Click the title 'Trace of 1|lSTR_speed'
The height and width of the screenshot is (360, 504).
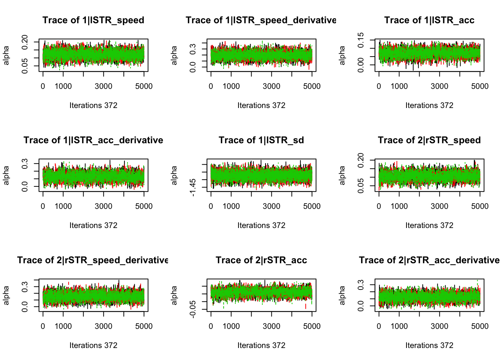(93, 20)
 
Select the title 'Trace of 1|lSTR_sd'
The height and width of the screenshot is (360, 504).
(261, 140)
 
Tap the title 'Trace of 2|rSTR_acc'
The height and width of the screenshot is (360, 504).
(261, 260)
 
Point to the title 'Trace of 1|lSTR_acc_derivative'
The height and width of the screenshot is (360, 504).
(93, 140)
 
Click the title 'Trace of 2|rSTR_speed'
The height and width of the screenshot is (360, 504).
(429, 140)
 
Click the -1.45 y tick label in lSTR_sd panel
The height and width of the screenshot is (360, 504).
(193, 187)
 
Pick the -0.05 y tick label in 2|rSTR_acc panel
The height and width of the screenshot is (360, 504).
(193, 309)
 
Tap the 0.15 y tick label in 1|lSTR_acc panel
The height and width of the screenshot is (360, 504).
(361, 40)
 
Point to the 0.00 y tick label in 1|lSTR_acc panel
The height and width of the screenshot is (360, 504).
(361, 65)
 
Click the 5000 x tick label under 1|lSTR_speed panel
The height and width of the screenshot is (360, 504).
(144, 86)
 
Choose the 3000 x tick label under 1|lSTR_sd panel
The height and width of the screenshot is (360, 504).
(271, 206)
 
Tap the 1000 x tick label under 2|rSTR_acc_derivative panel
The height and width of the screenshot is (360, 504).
(399, 326)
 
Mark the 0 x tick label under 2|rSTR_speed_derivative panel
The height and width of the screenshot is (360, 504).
(43, 326)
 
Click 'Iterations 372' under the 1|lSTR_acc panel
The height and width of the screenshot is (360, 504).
(429, 105)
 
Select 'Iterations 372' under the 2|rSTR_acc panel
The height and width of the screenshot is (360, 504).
(261, 345)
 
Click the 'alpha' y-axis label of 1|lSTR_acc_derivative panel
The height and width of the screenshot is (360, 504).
(6, 175)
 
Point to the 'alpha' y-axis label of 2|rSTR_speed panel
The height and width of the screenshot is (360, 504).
(342, 175)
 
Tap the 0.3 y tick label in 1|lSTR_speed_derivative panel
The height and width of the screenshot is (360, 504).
(193, 49)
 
